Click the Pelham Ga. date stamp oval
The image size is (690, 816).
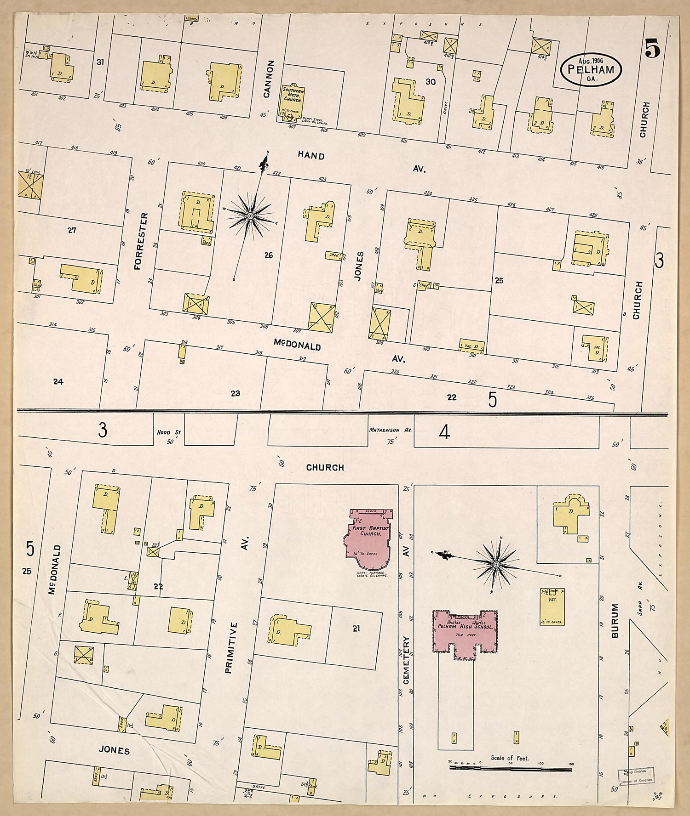[x=591, y=69]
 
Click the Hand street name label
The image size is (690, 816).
[x=311, y=156]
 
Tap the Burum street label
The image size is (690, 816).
[x=615, y=621]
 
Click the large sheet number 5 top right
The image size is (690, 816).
[x=652, y=48]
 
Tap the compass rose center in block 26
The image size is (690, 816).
[x=251, y=215]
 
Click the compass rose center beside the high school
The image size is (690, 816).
[x=496, y=563]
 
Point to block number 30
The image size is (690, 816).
[x=430, y=82]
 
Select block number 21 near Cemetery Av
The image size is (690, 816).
[x=356, y=629]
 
